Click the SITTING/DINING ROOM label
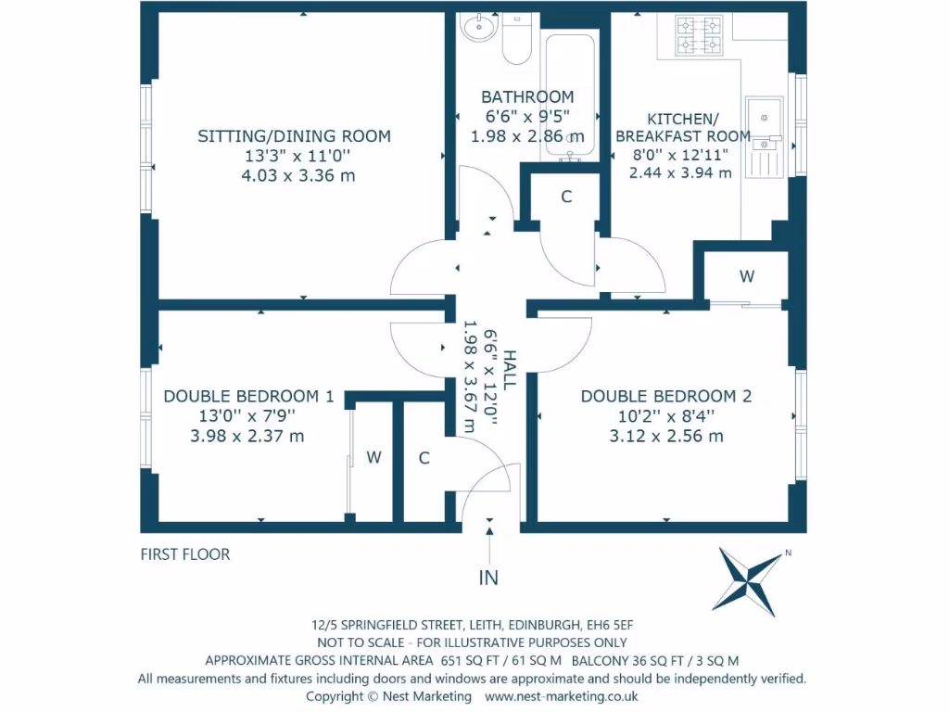(294, 135)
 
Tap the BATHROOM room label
(527, 96)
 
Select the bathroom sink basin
(479, 27)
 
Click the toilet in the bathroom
(517, 38)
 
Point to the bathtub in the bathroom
(570, 96)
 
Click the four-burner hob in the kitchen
(699, 36)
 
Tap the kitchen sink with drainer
(765, 137)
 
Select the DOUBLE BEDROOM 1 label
(248, 396)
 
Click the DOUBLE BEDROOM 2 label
(666, 396)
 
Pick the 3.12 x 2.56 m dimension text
(666, 436)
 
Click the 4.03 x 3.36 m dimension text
(298, 175)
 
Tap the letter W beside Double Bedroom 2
(747, 276)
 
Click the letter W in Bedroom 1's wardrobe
(374, 457)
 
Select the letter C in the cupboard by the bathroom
(566, 197)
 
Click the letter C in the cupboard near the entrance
(424, 458)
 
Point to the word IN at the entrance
(488, 578)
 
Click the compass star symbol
(749, 581)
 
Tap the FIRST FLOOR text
(185, 554)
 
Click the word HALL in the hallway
(510, 369)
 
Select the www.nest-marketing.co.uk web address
(561, 696)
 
